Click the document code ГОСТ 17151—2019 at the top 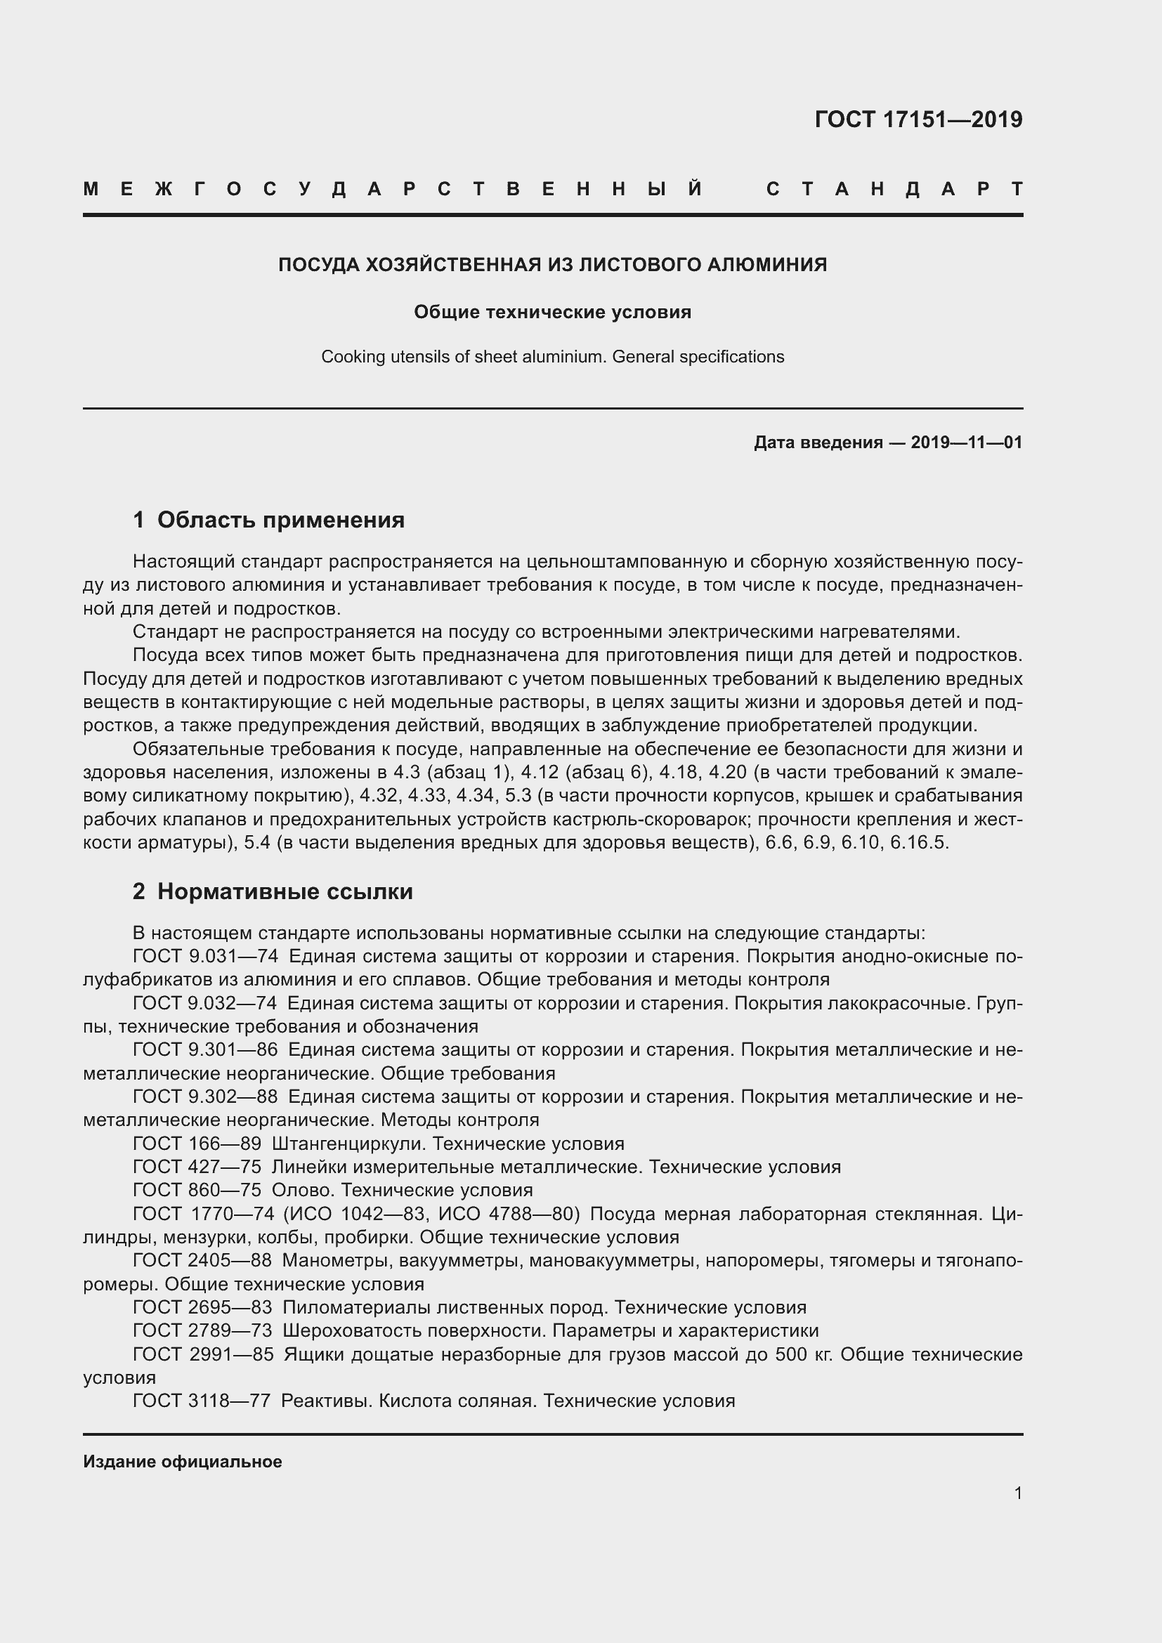coord(918,119)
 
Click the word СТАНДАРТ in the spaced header coord(894,189)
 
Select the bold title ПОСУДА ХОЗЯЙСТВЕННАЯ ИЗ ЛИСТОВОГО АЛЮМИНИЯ coord(552,265)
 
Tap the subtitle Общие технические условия coord(552,312)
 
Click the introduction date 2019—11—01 coord(966,443)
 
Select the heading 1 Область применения coord(269,520)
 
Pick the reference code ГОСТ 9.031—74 coord(205,956)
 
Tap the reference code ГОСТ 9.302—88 coord(205,1097)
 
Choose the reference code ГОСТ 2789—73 coord(202,1330)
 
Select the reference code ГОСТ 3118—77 coord(202,1401)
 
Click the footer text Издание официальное coord(183,1462)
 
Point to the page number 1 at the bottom coord(1017,1493)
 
